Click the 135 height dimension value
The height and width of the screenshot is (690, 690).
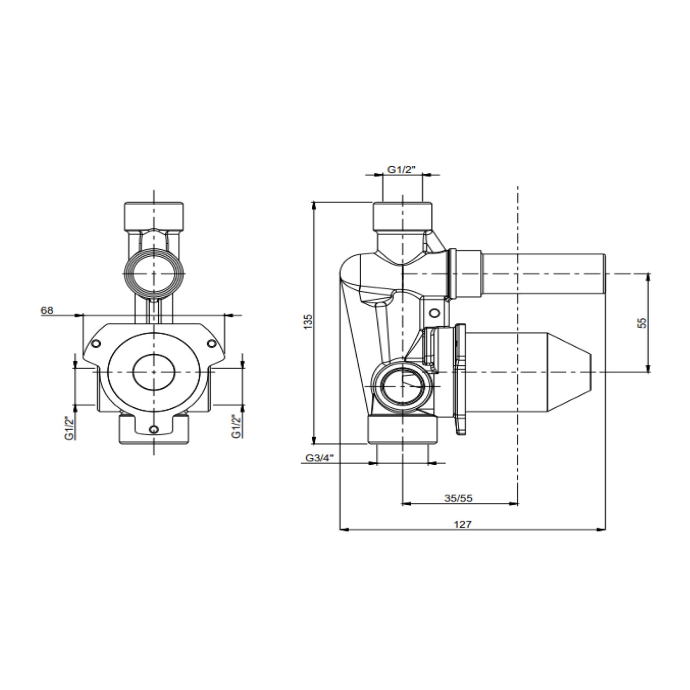coord(308,322)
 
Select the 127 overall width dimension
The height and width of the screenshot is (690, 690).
coord(463,524)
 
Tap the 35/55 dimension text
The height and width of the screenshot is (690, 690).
coord(458,498)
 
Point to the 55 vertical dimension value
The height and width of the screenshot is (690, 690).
coord(642,323)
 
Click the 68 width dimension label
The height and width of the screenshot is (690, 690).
coord(47,310)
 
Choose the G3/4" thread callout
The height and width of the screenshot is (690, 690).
coord(320,458)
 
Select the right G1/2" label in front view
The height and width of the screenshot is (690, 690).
coord(237,426)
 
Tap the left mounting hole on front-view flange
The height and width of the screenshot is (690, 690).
coord(96,343)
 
